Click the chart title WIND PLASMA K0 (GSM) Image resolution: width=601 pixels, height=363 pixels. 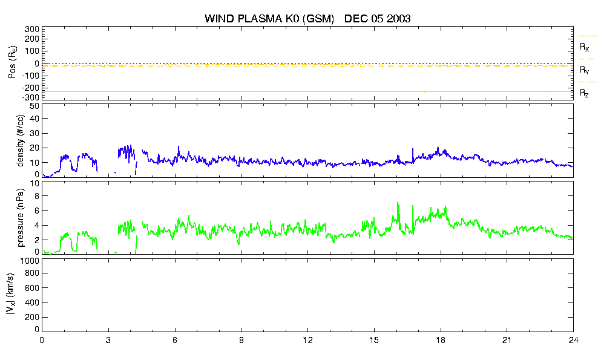click(269, 18)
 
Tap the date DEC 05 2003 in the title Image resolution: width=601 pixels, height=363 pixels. click(378, 18)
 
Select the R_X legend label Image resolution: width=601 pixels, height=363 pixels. click(584, 47)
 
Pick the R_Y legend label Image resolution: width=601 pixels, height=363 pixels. click(584, 70)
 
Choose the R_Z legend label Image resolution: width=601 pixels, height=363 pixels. click(584, 93)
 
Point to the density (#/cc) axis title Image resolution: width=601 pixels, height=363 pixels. click(21, 141)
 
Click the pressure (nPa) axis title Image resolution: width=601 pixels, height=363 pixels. click(21, 218)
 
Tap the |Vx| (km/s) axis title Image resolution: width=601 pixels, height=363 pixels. click(11, 295)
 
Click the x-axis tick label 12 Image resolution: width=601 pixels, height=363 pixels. click(307, 341)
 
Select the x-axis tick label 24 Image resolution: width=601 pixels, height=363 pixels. click(573, 341)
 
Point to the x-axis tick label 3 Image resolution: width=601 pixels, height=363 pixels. click(108, 341)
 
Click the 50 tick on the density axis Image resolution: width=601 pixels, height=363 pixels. click(34, 106)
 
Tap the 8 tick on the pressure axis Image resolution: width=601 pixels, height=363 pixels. click(37, 196)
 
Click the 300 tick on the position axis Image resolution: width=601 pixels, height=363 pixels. click(32, 30)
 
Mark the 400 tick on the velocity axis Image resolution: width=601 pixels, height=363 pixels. click(32, 302)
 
